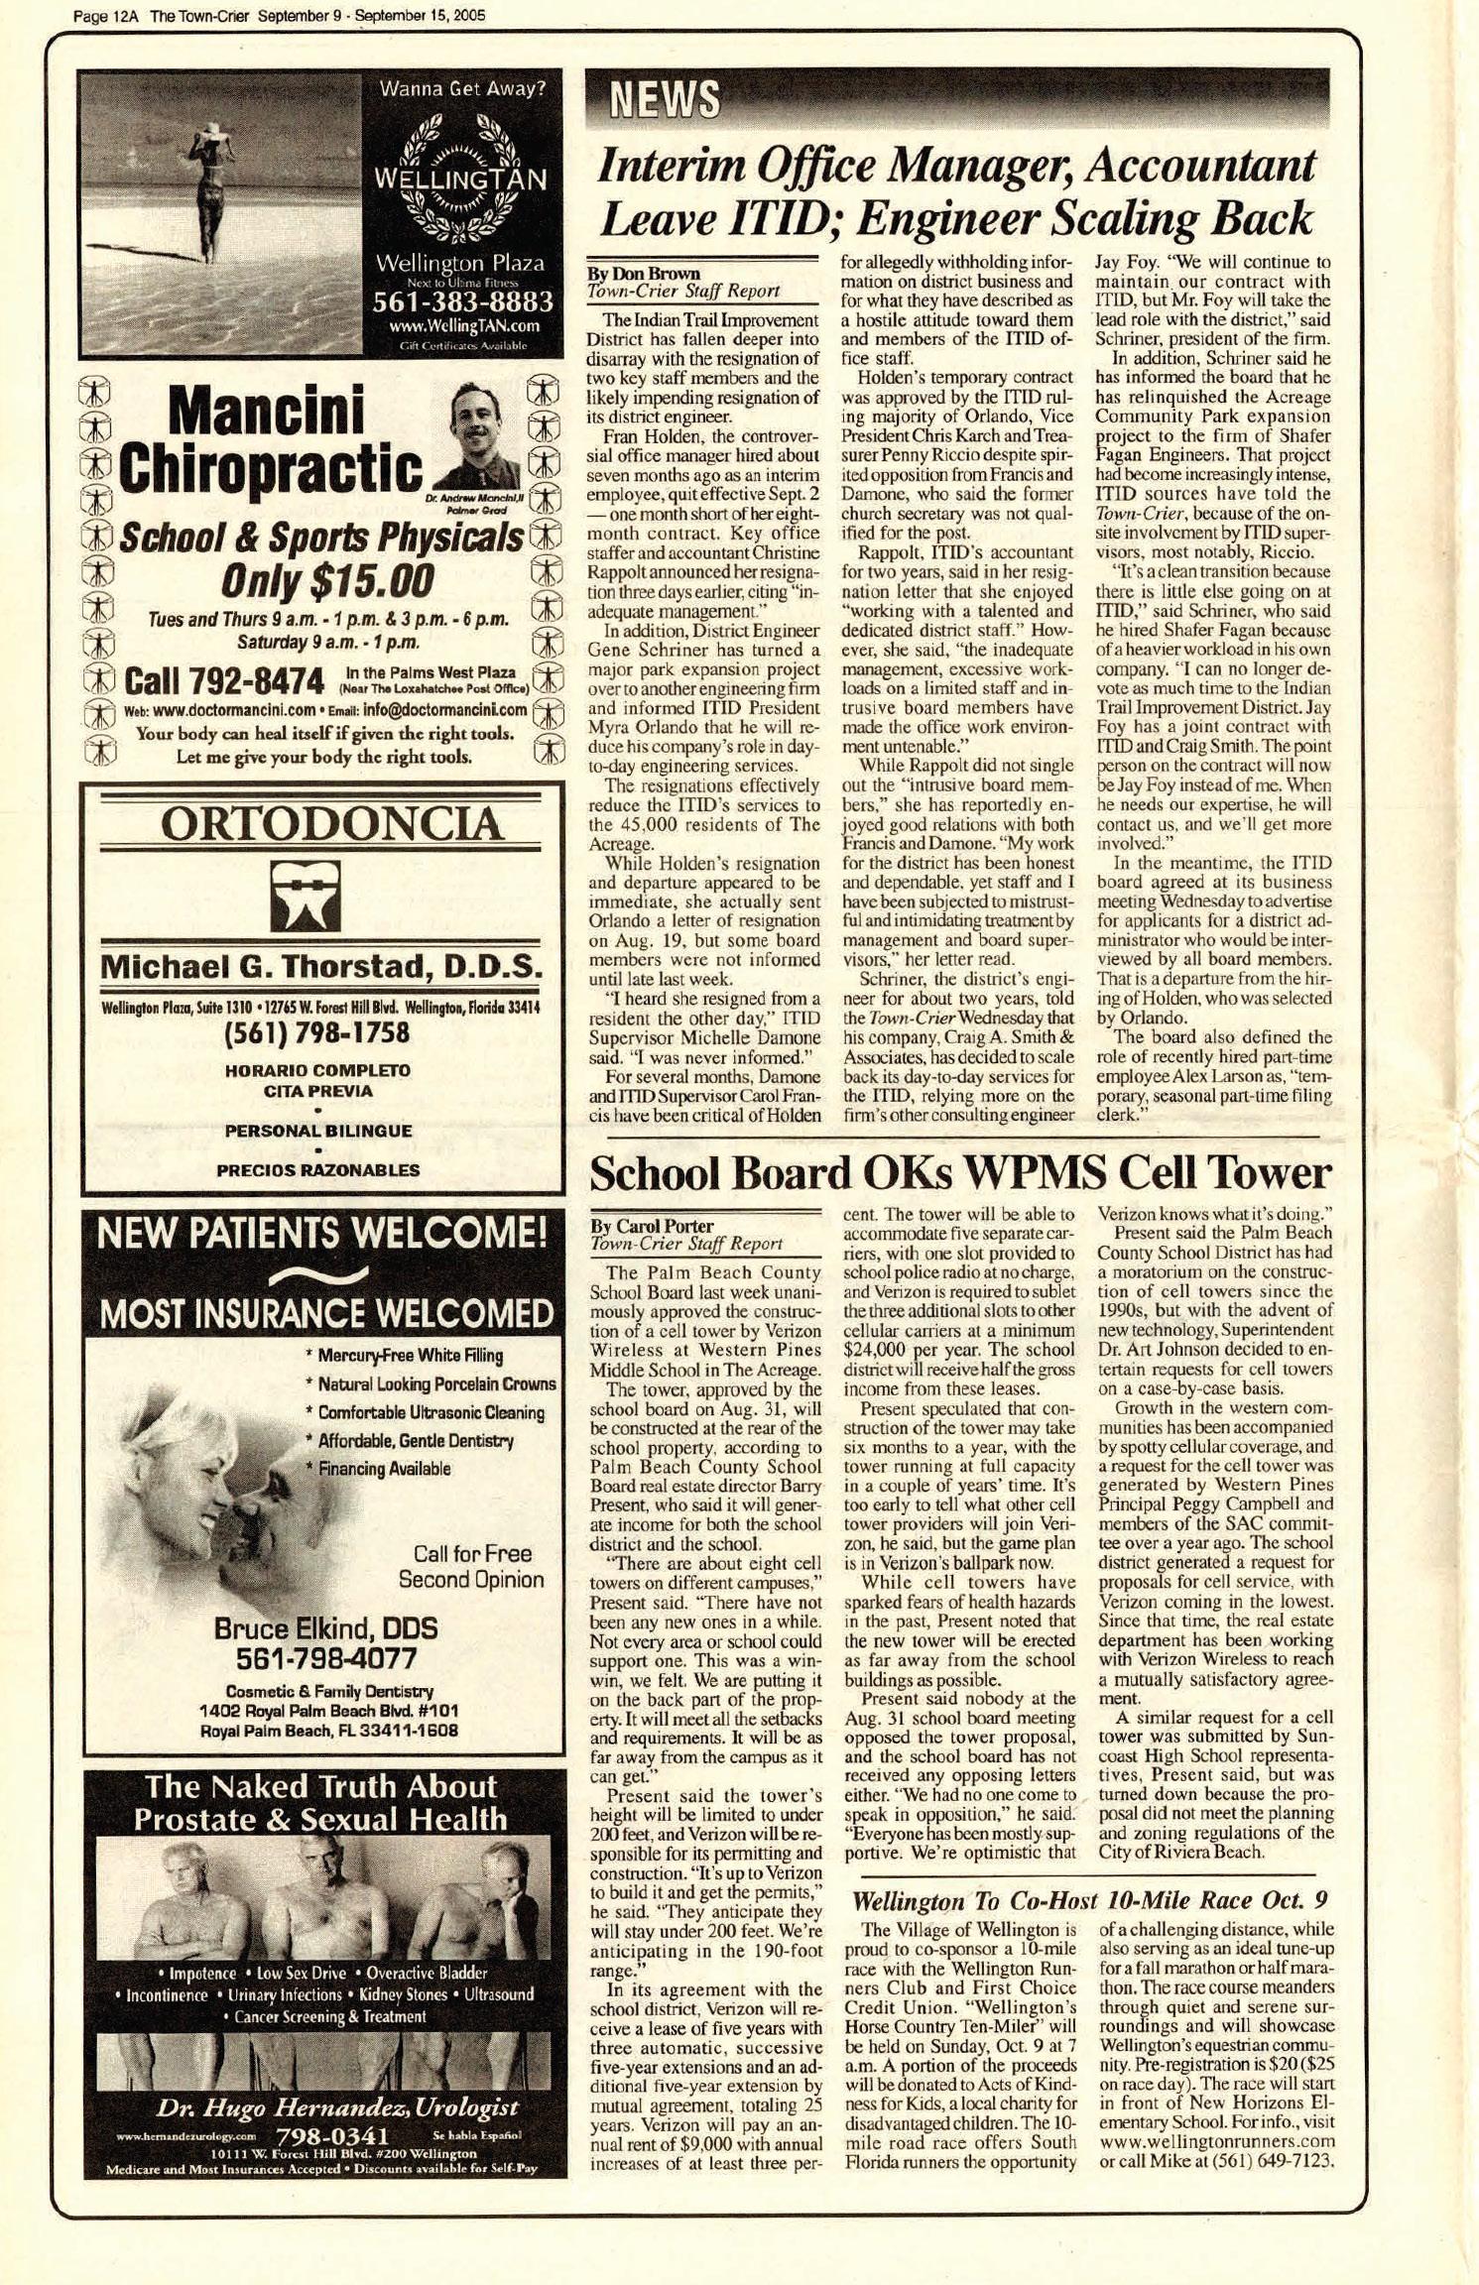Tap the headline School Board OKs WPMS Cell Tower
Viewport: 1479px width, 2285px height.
tap(959, 1173)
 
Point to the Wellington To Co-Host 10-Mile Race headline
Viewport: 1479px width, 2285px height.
tap(1089, 1900)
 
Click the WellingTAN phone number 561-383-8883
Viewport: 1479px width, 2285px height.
tap(462, 301)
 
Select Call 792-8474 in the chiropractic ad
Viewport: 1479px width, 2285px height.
tap(225, 681)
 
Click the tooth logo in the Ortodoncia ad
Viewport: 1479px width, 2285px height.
tap(306, 894)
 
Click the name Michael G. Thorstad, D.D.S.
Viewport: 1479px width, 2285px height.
tap(321, 965)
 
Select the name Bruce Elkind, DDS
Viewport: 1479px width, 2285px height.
tap(325, 1628)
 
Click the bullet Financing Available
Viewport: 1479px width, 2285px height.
tap(385, 1469)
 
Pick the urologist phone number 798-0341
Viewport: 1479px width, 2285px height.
tap(331, 2135)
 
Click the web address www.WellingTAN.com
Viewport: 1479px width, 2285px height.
tap(463, 325)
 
